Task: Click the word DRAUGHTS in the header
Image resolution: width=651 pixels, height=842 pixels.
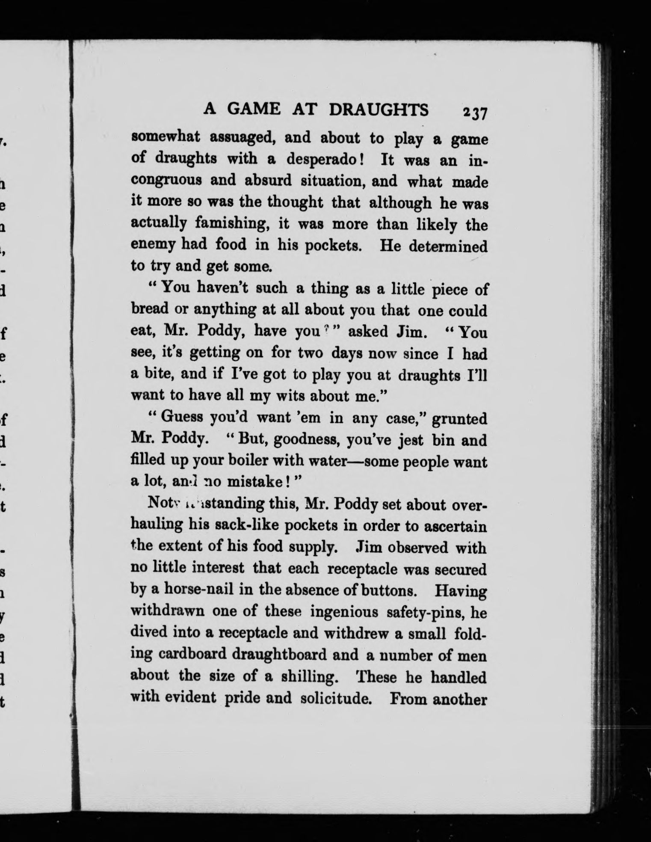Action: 379,110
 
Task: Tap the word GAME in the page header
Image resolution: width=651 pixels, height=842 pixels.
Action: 254,109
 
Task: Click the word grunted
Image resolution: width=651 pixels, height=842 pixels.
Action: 459,419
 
